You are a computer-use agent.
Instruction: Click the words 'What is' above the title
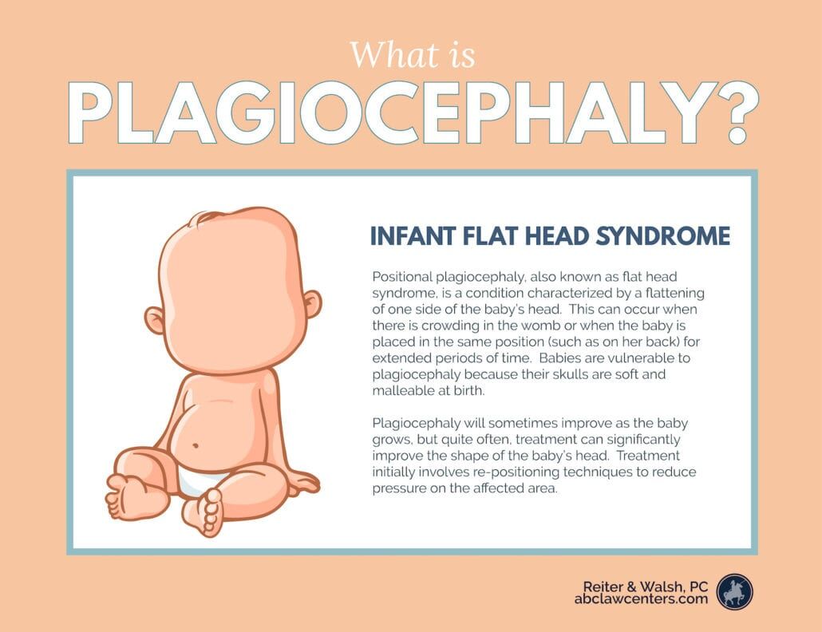(413, 55)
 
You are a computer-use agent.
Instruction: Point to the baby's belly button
(196, 446)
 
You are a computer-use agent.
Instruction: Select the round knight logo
(734, 591)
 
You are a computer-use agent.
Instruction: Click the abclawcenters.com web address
(641, 598)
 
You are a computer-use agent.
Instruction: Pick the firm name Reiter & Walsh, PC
(646, 586)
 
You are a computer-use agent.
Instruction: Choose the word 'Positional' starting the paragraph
(402, 277)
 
